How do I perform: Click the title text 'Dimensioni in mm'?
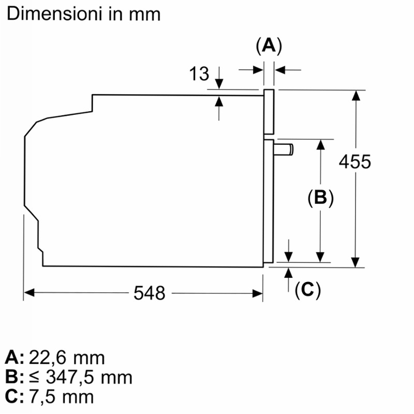tap(83, 14)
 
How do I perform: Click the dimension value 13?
tap(199, 73)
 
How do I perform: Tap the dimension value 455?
tap(355, 161)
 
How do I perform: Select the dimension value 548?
tap(150, 293)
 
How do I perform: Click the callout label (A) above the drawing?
tap(269, 46)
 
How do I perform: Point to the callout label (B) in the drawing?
tap(320, 197)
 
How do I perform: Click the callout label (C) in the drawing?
tap(307, 290)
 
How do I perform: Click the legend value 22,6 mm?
tap(67, 358)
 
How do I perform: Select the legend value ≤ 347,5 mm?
tap(81, 377)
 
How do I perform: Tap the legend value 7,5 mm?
tap(61, 396)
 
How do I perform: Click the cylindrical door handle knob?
tap(284, 150)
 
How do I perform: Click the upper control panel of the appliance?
tap(269, 112)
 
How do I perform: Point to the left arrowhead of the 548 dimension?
tap(29, 293)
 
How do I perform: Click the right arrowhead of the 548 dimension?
tap(257, 293)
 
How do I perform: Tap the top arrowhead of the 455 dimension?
tap(356, 95)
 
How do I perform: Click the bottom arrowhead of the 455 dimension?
tap(356, 262)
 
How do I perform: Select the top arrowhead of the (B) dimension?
tap(320, 144)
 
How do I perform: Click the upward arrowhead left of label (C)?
tap(289, 273)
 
